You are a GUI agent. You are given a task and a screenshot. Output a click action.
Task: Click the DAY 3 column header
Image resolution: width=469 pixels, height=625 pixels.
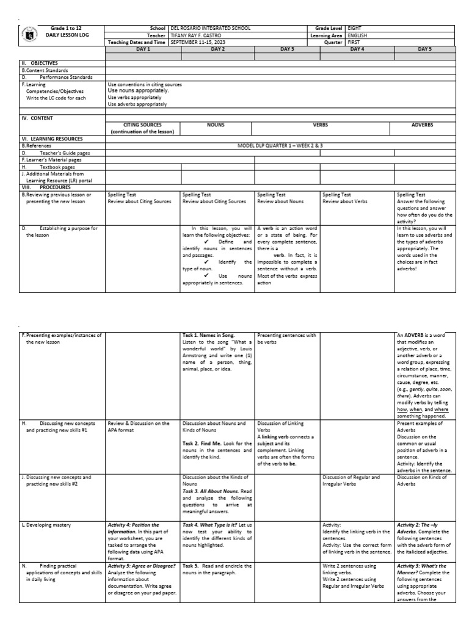click(287, 49)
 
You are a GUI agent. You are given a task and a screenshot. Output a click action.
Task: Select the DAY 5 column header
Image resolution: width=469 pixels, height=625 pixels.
click(424, 49)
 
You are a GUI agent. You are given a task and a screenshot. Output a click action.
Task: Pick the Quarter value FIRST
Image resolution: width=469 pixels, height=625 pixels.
click(355, 42)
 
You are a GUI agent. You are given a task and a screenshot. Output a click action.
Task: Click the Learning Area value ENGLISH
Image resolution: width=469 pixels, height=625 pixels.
click(359, 35)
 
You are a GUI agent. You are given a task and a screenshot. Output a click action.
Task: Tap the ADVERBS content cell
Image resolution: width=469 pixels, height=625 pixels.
click(422, 125)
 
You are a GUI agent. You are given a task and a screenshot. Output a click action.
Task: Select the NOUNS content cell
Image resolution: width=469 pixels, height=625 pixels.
click(216, 125)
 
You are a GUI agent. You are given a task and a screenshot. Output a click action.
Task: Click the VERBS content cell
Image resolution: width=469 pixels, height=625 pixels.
click(321, 125)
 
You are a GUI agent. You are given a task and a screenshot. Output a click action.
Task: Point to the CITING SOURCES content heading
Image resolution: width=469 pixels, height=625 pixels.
click(143, 125)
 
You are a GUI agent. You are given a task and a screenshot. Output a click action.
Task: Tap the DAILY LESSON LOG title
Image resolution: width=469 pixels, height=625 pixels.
click(64, 35)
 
